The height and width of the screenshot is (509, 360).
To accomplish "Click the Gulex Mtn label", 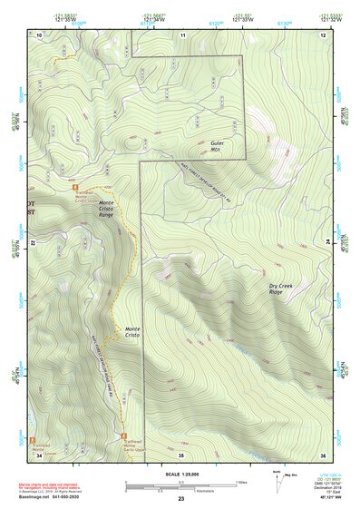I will tap(216, 146).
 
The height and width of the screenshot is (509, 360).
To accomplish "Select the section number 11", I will tap(182, 34).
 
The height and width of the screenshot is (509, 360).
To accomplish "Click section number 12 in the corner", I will tap(321, 34).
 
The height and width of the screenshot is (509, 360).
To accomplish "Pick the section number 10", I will tap(39, 34).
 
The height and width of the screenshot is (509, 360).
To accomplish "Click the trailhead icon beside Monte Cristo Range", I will tap(63, 189).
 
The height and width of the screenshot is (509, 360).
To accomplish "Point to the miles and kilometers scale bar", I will tap(180, 485).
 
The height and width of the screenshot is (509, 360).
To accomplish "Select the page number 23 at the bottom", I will tap(180, 500).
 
